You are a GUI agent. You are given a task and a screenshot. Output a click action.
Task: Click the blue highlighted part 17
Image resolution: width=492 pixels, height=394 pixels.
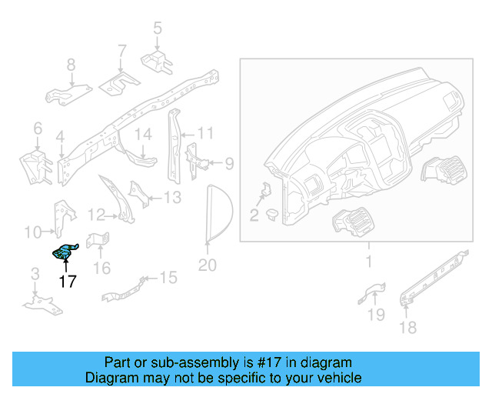click(65, 252)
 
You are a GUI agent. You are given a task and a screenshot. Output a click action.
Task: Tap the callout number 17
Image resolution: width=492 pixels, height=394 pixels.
click(68, 282)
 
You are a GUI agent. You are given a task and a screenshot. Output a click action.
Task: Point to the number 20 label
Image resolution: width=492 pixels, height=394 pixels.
click(208, 266)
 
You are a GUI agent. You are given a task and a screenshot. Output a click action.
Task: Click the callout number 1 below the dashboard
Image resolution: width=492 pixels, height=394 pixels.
click(368, 262)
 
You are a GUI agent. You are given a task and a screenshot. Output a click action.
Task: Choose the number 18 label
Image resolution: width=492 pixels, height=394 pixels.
click(407, 328)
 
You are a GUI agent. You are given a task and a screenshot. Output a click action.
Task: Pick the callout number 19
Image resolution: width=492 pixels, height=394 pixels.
click(375, 313)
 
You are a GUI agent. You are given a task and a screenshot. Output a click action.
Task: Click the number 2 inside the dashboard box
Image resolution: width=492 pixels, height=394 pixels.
click(254, 215)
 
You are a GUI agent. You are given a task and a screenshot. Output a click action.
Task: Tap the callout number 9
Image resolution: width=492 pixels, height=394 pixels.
click(228, 163)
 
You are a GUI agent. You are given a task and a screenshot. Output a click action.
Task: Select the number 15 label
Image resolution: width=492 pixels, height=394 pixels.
click(168, 277)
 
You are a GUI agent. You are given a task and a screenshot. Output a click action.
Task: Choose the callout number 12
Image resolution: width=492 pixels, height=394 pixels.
click(95, 214)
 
